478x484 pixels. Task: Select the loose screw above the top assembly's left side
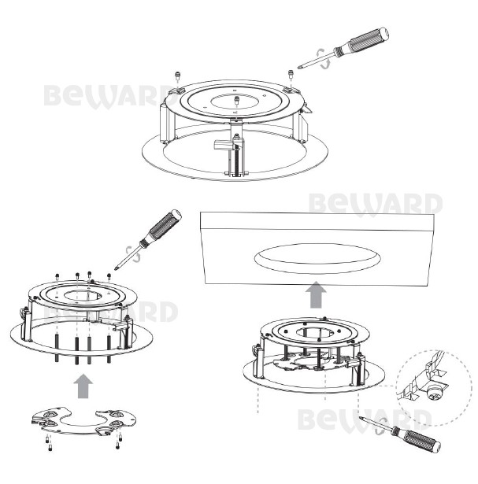pos(177,75)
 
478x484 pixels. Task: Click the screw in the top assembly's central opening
pos(237,100)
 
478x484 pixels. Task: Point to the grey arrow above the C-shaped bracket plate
pos(83,386)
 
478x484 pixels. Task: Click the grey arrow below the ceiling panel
pos(317,294)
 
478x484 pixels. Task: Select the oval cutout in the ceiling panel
pos(317,258)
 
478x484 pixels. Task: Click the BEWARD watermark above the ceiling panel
pos(375,204)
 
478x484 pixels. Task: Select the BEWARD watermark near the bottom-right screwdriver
pos(365,419)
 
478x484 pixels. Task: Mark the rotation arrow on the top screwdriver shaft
pos(324,58)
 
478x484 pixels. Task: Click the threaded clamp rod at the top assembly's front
pos(237,161)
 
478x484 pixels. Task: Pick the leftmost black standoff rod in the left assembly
pos(57,348)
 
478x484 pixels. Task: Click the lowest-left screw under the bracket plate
pos(50,447)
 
